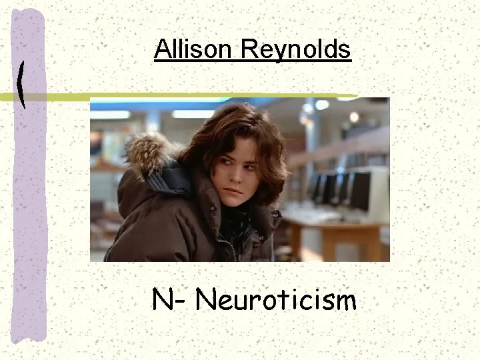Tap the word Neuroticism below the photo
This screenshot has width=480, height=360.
[276, 301]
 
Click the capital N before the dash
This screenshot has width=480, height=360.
[163, 301]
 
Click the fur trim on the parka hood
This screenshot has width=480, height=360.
[147, 150]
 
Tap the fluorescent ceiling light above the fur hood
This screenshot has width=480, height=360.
[111, 114]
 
